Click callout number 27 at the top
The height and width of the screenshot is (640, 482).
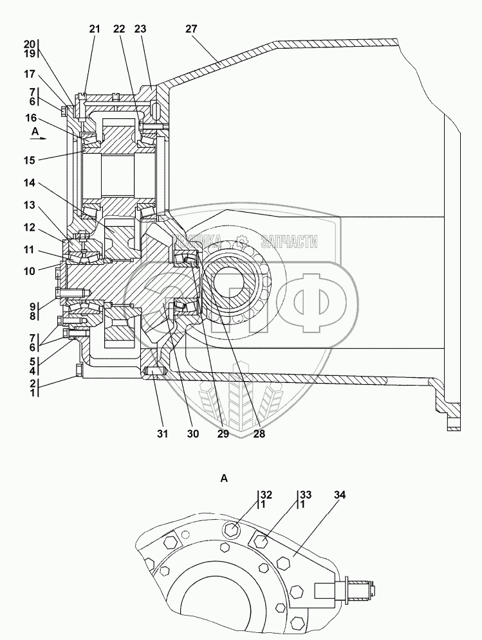pos(191,29)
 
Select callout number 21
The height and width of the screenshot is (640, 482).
pos(95,29)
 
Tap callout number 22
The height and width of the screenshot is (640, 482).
pos(119,29)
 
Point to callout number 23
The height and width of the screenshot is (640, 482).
pos(140,29)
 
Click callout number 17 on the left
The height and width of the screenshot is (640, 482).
pos(30,74)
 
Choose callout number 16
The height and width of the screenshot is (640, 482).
pos(31,118)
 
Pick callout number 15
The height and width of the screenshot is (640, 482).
pos(30,161)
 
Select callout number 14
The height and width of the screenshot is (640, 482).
pos(30,183)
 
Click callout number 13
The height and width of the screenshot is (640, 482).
pos(30,205)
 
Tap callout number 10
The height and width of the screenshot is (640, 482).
pos(30,271)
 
